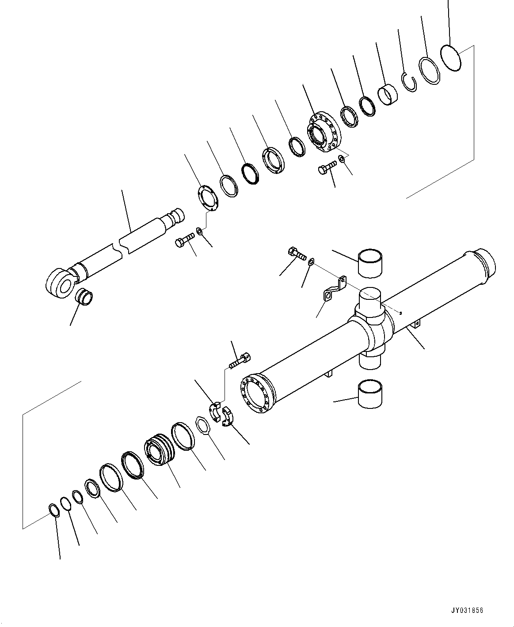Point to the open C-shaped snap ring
(410, 82)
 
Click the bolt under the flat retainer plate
(184, 241)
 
